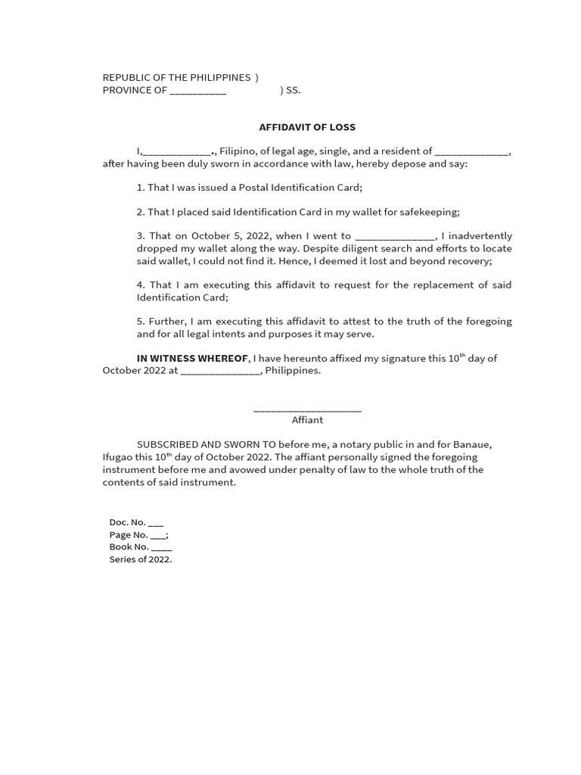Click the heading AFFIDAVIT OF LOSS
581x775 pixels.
pos(307,127)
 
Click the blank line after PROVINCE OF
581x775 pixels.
pos(197,91)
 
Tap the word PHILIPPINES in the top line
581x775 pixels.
pos(213,77)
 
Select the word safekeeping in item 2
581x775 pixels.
pos(430,212)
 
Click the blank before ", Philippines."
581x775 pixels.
pos(221,371)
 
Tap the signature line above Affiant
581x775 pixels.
pos(307,409)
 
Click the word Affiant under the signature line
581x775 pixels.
pos(307,420)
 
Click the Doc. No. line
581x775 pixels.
pos(136,522)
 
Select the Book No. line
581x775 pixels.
pos(141,546)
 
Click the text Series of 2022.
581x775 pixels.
pos(141,559)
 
